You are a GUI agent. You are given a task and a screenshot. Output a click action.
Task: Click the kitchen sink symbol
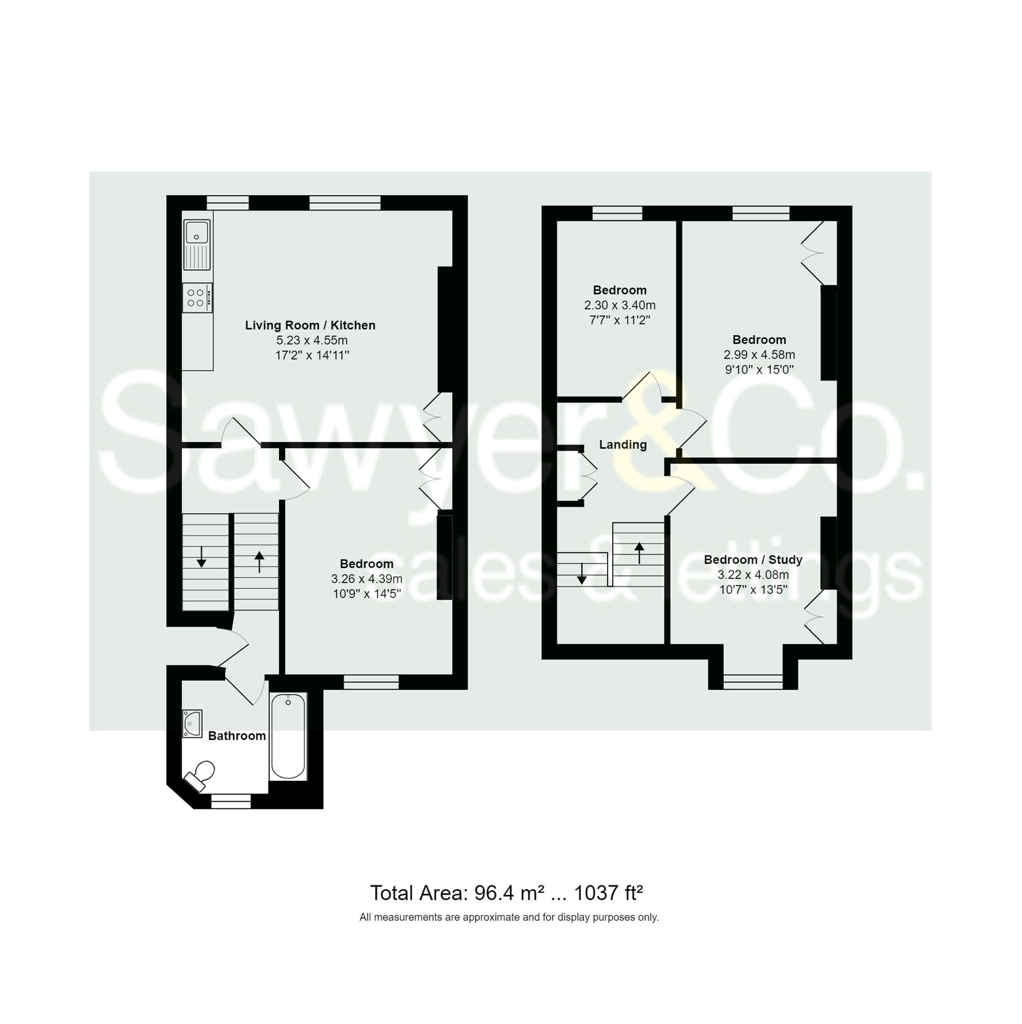[197, 245]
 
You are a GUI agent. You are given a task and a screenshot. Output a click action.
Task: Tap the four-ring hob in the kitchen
[196, 297]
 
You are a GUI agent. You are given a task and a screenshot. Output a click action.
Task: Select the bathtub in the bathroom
[288, 737]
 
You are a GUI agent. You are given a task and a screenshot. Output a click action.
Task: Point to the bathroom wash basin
[192, 724]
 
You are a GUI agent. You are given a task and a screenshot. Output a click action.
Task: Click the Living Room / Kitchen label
[310, 325]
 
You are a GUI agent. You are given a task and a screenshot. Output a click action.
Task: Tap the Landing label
[622, 445]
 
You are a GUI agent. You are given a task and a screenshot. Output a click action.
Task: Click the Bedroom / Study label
[753, 560]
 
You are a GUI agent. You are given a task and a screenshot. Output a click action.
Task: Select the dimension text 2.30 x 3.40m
[619, 305]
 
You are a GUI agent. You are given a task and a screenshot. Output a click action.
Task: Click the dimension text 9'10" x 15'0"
[759, 369]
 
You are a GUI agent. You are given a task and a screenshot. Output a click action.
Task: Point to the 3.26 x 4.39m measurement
[366, 579]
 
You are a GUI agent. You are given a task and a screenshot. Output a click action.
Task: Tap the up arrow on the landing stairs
[639, 553]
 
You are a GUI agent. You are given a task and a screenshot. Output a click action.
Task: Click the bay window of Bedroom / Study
[753, 681]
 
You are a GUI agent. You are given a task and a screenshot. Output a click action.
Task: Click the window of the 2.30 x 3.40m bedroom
[617, 213]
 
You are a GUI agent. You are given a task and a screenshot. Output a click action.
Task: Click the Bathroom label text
[237, 735]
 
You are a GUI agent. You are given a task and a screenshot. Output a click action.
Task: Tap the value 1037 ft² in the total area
[608, 893]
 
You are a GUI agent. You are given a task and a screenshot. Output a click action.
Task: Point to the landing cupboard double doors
[589, 475]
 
